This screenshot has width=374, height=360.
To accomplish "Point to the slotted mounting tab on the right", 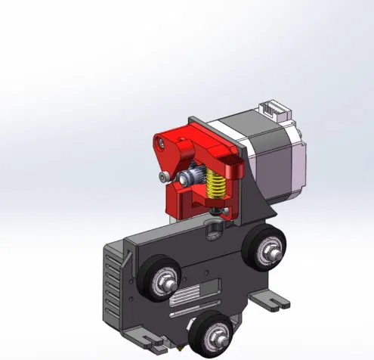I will click(273, 302).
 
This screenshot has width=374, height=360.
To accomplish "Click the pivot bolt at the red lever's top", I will click(159, 141).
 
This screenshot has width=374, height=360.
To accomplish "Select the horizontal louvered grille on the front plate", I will click(193, 299).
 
